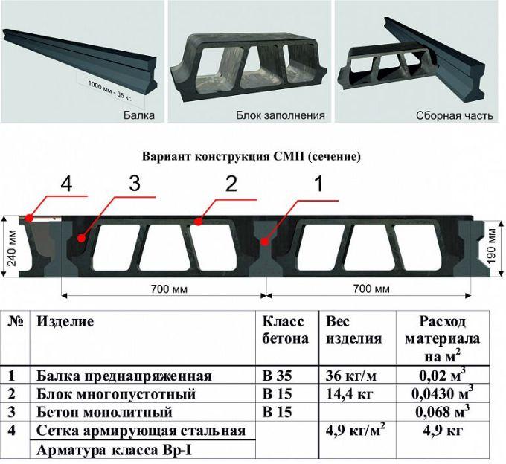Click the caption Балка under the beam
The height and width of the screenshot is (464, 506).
(x=138, y=115)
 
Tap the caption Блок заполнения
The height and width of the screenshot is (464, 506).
(x=281, y=115)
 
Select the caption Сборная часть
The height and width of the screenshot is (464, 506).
(x=455, y=115)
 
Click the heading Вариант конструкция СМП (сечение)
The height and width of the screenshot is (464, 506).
(x=252, y=157)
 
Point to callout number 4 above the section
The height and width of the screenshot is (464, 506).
(x=66, y=184)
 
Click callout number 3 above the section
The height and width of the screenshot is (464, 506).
(x=135, y=184)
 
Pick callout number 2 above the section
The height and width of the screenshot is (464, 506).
(x=231, y=184)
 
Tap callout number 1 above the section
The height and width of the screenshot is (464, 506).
(x=318, y=184)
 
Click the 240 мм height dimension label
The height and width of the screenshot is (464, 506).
(x=12, y=248)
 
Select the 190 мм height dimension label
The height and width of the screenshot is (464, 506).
(x=491, y=245)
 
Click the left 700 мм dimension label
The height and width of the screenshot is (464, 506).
(x=169, y=289)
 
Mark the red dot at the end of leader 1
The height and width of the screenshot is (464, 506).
(x=265, y=242)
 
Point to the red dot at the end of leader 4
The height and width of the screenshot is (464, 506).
(x=29, y=219)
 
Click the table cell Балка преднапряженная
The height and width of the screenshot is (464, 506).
(x=124, y=376)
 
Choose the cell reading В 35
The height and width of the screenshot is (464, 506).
(x=278, y=376)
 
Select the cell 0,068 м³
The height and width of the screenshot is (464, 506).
(x=443, y=411)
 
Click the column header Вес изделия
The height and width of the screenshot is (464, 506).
(x=353, y=330)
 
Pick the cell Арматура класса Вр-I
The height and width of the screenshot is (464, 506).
(x=114, y=450)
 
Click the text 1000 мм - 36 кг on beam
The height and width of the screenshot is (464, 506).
(x=109, y=91)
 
